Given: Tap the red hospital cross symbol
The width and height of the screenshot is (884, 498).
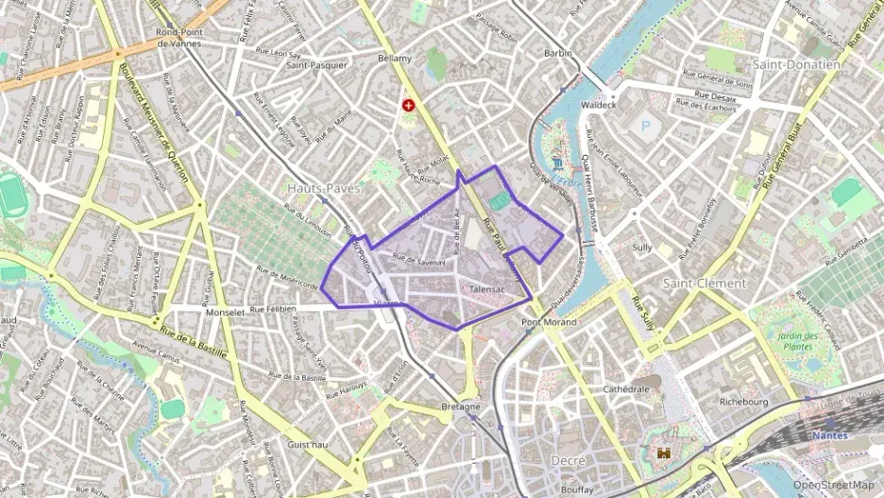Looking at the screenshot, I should [x=409, y=107].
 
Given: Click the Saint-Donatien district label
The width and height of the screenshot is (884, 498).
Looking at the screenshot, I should [x=796, y=64].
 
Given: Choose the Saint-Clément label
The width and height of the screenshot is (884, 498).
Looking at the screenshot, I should [x=705, y=283].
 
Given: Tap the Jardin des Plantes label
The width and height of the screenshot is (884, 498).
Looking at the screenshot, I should [x=796, y=342].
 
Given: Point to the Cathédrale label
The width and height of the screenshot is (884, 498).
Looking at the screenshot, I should [x=626, y=388].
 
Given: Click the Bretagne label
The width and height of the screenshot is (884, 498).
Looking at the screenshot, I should [x=461, y=407].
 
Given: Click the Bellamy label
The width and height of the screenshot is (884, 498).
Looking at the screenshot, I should [x=395, y=59].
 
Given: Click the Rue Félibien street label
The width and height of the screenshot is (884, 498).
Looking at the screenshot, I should [x=274, y=309].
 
